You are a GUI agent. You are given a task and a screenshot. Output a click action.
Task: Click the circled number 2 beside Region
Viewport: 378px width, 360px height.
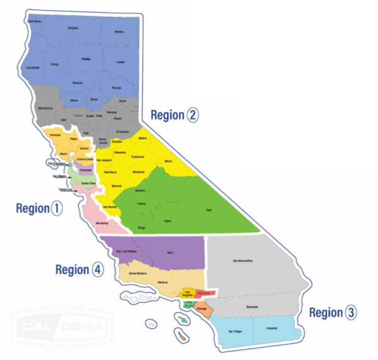[192, 115]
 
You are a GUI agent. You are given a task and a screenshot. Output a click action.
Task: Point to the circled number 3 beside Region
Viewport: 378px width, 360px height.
[351, 312]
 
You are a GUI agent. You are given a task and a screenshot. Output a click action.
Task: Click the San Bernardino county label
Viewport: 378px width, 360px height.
[243, 261]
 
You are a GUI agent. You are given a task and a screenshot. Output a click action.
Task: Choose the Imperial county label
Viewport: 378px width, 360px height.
[272, 328]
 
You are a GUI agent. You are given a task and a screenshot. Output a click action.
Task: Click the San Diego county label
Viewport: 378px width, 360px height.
[234, 331]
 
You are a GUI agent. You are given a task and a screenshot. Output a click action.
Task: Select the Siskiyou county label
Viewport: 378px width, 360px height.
[72, 28]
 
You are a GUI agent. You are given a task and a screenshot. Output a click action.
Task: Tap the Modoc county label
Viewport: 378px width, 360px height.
[119, 31]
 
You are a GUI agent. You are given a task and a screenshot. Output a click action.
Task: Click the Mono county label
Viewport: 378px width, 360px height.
[168, 161]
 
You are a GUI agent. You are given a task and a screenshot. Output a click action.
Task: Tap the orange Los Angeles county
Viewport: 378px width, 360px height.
[187, 294]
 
